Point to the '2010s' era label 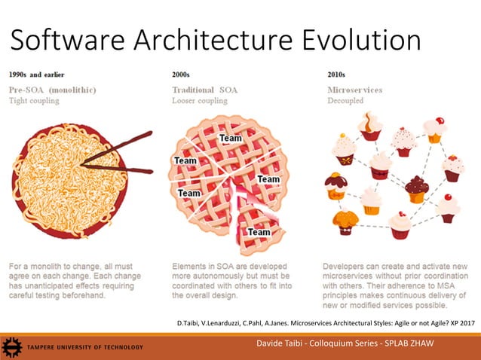[x=332, y=75]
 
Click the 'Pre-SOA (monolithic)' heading [x=52, y=90]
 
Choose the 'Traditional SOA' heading [x=204, y=90]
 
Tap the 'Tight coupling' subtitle [x=33, y=101]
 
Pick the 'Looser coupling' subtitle [x=200, y=101]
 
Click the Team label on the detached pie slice [x=259, y=232]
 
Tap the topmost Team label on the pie [x=231, y=139]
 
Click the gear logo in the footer [x=11, y=347]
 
